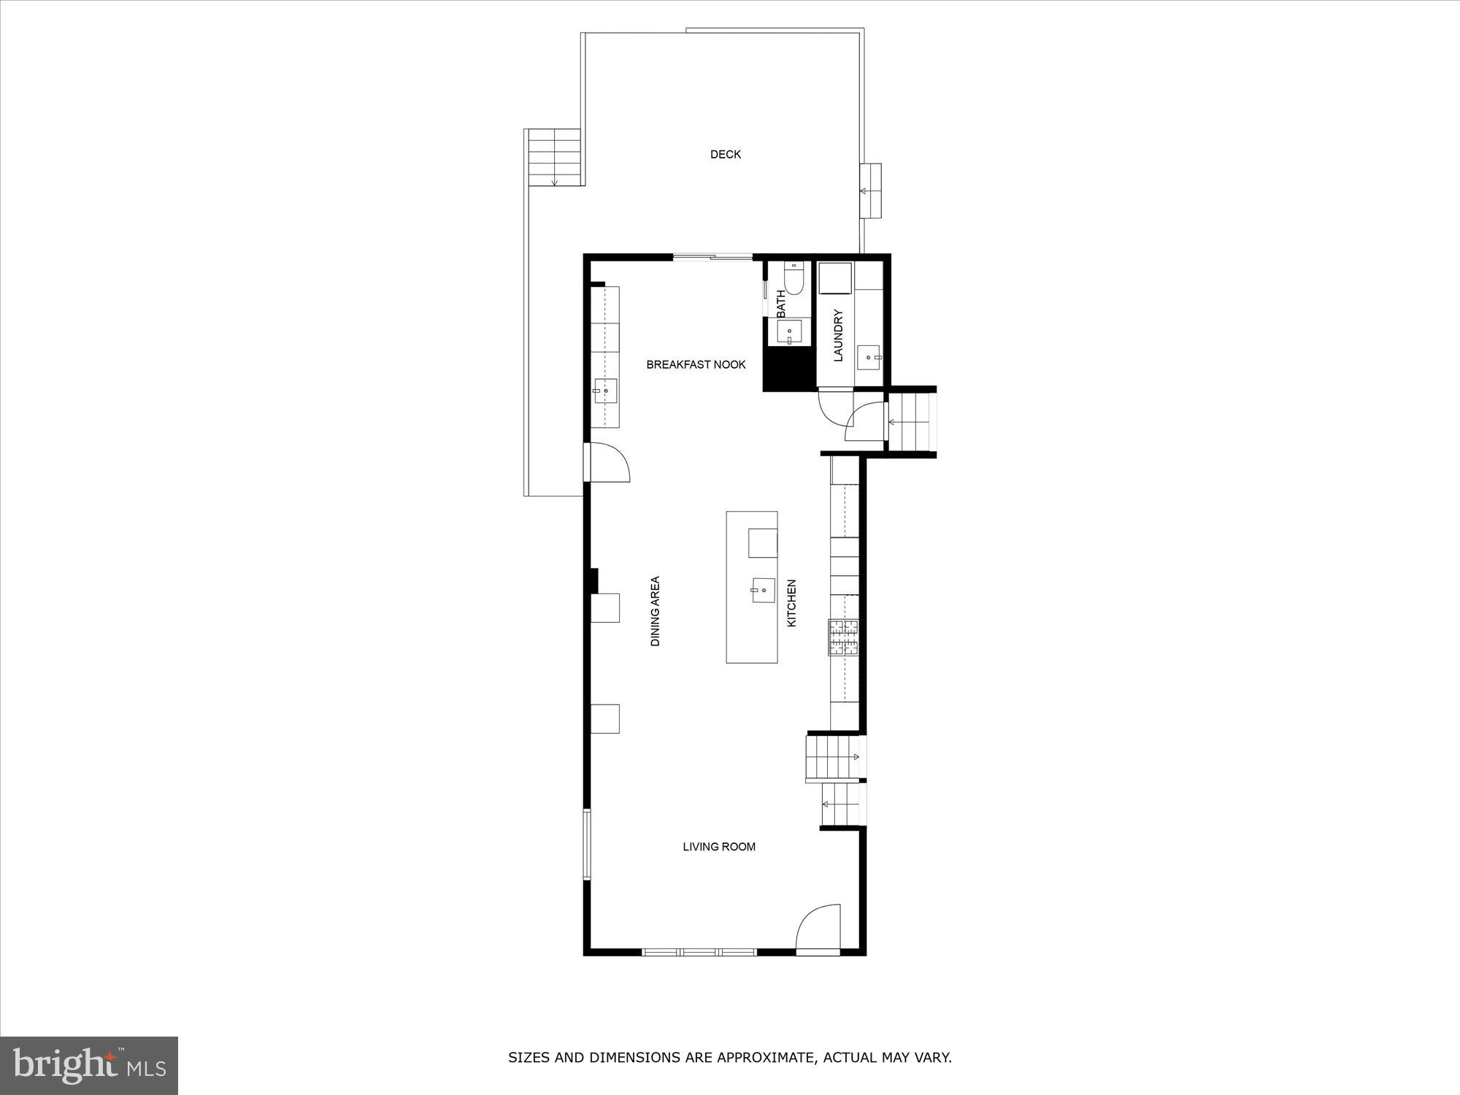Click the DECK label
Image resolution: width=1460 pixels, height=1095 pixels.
(725, 154)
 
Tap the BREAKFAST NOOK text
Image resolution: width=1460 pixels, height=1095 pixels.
(696, 364)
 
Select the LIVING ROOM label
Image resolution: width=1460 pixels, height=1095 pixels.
(718, 847)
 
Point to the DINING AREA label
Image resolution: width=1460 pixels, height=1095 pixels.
(656, 611)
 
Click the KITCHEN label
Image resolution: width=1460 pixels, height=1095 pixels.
(791, 603)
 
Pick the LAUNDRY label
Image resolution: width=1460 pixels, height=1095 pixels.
(838, 335)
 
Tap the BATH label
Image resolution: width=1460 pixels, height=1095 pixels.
(781, 304)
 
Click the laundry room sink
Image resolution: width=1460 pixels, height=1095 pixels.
(869, 357)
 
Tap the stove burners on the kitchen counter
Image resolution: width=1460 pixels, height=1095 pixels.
(844, 637)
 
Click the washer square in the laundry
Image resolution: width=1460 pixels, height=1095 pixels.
(834, 278)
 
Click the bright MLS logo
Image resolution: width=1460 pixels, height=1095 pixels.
(89, 1067)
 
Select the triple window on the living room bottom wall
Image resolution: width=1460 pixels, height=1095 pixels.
(699, 952)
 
